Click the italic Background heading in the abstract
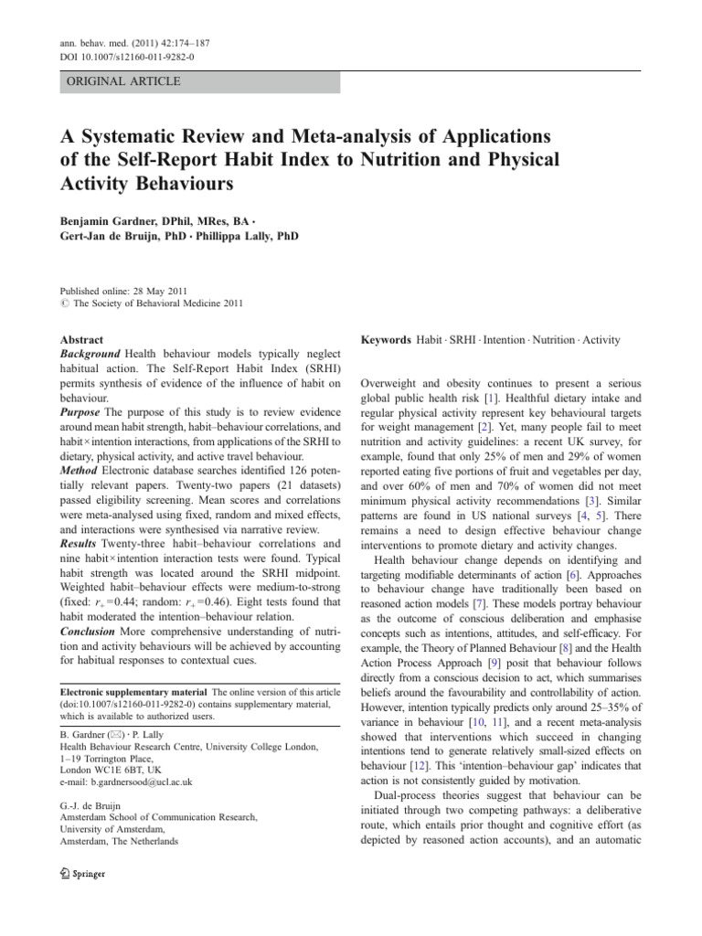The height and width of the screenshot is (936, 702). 90,354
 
